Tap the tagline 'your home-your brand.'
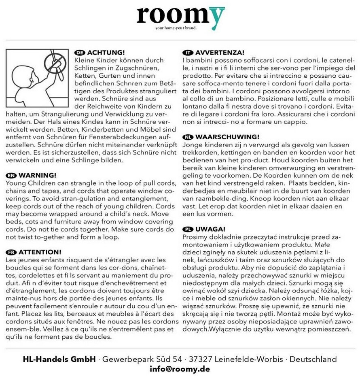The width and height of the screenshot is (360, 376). [x=176, y=28]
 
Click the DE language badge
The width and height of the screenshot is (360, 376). [x=80, y=53]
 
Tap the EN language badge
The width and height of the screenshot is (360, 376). [x=11, y=175]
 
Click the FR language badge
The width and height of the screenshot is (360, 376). [x=11, y=251]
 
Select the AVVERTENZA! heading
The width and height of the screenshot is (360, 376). [x=220, y=53]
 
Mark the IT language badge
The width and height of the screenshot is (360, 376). [x=188, y=53]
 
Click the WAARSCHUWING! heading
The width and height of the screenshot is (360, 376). [x=227, y=137]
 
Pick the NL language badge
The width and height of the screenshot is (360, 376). [x=188, y=137]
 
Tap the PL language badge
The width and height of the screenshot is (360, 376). [x=188, y=229]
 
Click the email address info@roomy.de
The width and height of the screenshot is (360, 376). [x=180, y=369]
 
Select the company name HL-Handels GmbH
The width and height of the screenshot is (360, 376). [x=59, y=359]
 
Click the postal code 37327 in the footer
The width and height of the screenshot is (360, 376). [x=200, y=359]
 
